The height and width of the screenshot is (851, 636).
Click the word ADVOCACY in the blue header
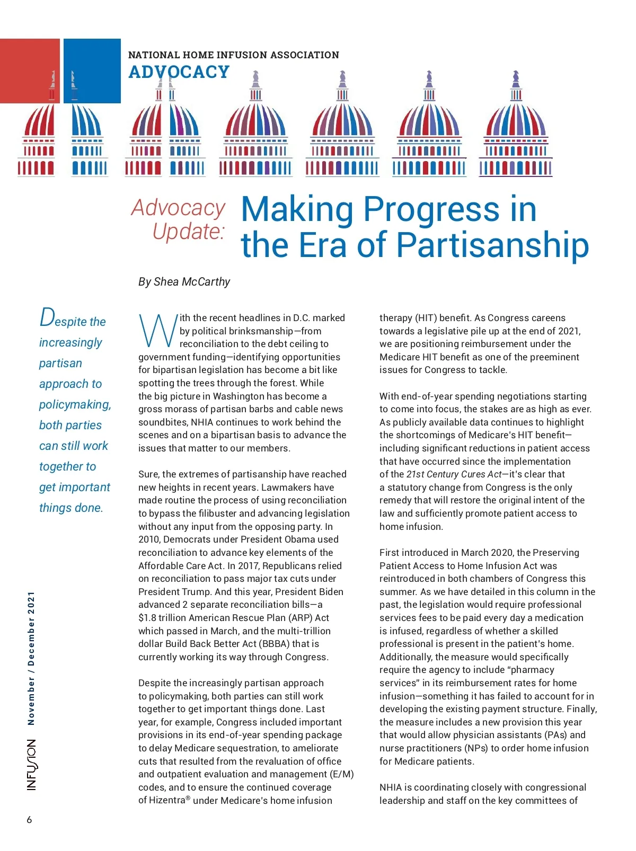click(179, 72)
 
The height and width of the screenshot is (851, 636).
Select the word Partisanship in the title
click(492, 245)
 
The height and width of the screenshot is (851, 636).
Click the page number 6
click(29, 820)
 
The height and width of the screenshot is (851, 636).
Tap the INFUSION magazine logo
click(32, 765)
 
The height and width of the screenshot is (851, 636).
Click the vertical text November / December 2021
click(31, 658)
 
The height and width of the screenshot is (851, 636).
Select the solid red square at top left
click(30, 70)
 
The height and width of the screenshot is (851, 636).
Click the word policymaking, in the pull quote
click(75, 405)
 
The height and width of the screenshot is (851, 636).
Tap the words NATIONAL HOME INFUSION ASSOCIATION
click(233, 55)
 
